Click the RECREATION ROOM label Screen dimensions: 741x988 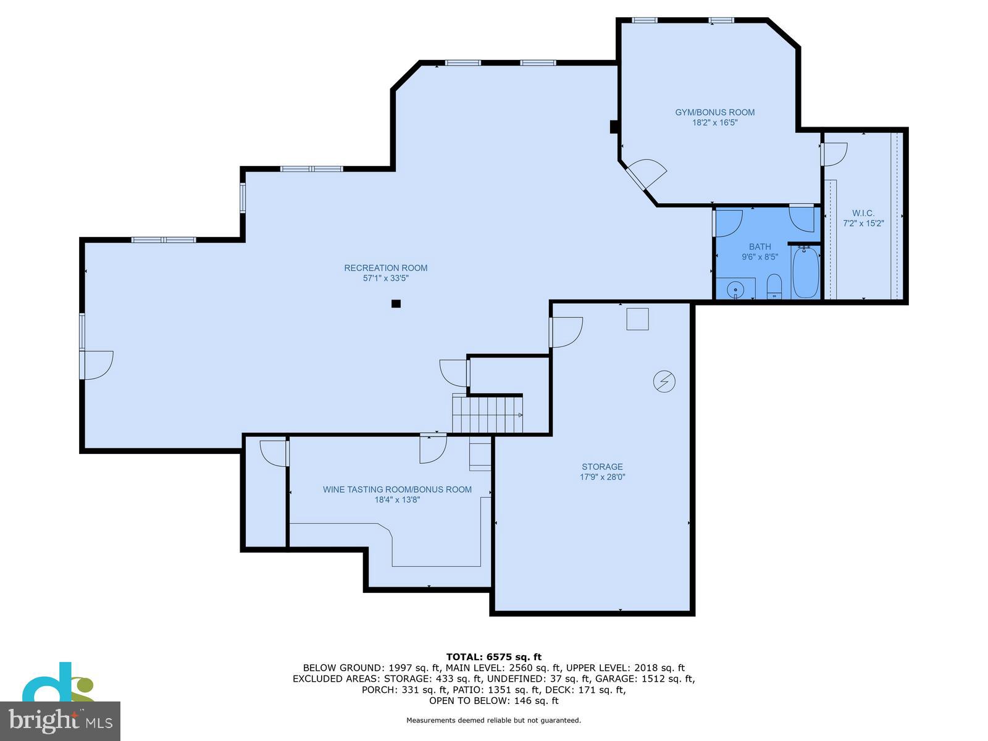pos(386,268)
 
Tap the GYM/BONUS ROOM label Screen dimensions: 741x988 pos(714,112)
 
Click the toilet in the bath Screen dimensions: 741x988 pos(774,287)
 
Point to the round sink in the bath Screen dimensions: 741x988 pos(735,288)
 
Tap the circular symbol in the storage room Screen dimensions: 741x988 pos(664,382)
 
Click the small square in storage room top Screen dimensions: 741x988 pos(637,319)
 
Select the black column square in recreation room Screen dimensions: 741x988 pos(396,303)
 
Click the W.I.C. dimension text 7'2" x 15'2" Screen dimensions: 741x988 pos(863,224)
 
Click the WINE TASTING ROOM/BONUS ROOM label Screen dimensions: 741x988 pos(397,490)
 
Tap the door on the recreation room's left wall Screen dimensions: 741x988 pos(96,364)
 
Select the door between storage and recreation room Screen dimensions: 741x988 pos(565,332)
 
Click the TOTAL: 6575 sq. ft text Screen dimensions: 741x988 pos(493,657)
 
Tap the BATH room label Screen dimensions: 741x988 pos(760,247)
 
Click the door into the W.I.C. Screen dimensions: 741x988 pos(833,154)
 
